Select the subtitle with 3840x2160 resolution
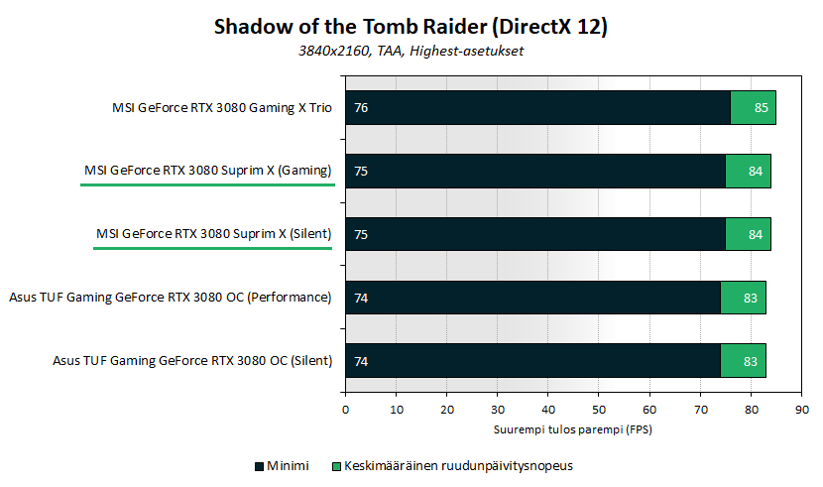click(411, 51)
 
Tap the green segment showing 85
click(754, 107)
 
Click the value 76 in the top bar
click(361, 107)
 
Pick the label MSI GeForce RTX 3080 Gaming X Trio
click(222, 108)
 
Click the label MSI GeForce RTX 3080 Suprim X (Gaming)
click(208, 171)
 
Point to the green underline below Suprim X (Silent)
click(212, 248)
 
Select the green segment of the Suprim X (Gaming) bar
click(748, 171)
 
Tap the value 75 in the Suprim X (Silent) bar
click(361, 235)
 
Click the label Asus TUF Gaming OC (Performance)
click(171, 298)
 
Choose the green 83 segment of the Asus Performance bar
click(744, 299)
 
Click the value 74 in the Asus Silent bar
click(361, 362)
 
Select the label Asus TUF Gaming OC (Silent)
click(192, 361)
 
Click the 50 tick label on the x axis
click(599, 410)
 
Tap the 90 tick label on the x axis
click(802, 410)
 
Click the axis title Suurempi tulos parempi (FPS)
click(573, 429)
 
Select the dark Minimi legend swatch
click(259, 466)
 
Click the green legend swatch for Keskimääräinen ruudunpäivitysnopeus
click(336, 466)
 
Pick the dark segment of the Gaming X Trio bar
click(538, 107)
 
